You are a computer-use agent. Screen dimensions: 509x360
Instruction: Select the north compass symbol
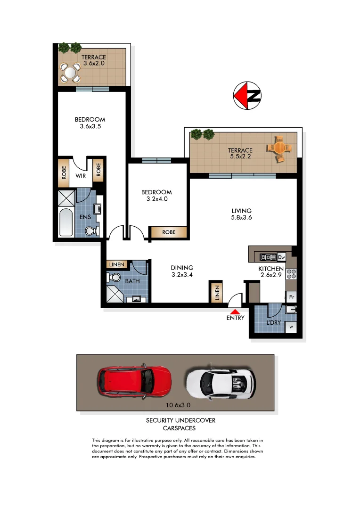coord(247,96)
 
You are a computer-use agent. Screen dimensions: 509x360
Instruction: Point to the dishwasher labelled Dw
coord(281,257)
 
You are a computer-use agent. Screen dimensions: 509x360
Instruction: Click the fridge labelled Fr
coord(292,297)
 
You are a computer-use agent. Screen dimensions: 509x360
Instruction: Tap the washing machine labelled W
coord(291,327)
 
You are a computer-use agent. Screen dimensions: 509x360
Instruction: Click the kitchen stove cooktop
coord(291,273)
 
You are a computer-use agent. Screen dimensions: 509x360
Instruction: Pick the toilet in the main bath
coord(114,278)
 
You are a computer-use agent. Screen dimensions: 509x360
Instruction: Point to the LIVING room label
coord(241,211)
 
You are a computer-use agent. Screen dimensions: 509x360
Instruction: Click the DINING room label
coord(182,268)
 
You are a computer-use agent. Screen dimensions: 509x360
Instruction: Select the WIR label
coord(80,176)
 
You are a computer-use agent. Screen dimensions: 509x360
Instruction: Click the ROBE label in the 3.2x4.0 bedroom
coord(169,232)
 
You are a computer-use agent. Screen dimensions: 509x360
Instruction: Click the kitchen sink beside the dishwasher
coord(268,257)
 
